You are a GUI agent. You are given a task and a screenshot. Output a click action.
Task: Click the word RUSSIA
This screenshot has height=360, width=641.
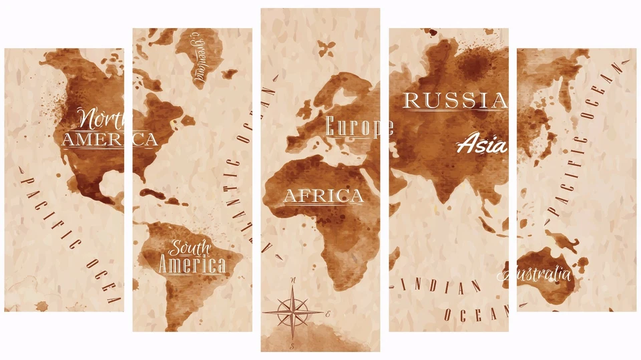(x=456, y=101)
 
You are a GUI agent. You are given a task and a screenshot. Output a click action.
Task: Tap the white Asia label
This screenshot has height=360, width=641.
(x=482, y=144)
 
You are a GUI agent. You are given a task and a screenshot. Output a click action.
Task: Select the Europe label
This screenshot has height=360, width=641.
(x=359, y=127)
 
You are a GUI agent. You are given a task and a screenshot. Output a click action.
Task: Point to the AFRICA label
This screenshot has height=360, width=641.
(x=324, y=196)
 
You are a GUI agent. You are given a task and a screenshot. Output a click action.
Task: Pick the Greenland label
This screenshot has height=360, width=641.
(x=199, y=59)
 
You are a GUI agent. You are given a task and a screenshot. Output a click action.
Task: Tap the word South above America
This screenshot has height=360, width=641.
(x=189, y=248)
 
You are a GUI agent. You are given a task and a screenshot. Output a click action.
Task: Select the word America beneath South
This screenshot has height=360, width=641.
(x=192, y=265)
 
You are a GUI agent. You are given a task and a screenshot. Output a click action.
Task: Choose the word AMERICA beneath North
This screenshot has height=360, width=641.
(x=110, y=140)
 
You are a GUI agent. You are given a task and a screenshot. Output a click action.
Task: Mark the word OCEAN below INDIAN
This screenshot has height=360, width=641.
(x=476, y=313)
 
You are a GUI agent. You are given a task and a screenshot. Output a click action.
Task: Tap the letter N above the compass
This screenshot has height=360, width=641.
(x=293, y=280)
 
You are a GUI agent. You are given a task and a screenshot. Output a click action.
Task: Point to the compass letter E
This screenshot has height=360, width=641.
(x=328, y=313)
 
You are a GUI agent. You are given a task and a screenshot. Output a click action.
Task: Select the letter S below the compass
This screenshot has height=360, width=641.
(x=292, y=346)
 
